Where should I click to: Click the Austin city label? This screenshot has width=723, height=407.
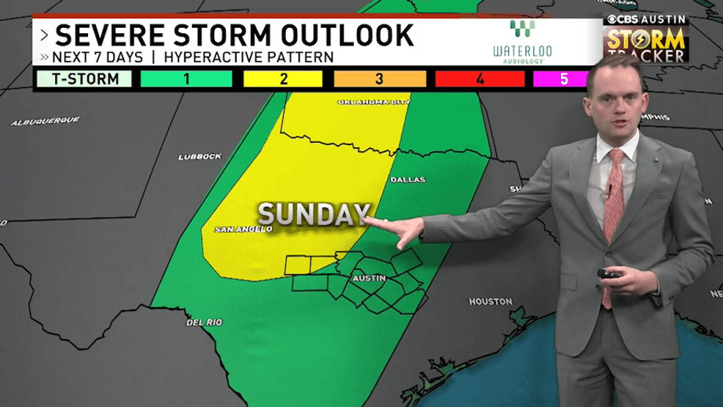click(369, 279)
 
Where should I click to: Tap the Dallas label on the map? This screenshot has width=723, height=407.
click(407, 180)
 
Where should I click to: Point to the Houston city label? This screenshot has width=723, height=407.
click(491, 301)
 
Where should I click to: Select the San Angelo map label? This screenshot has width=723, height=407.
click(243, 230)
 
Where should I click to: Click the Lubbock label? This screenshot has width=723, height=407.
click(199, 156)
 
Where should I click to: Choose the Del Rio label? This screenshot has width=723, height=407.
click(204, 322)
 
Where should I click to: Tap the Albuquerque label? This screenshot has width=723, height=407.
click(45, 121)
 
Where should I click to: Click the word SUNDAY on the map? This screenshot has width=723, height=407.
click(312, 214)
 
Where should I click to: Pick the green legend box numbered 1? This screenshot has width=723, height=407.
click(186, 79)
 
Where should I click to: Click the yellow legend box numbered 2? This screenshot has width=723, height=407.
click(283, 79)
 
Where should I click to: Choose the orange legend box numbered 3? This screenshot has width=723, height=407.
click(380, 79)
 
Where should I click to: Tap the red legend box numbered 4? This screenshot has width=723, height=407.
click(480, 79)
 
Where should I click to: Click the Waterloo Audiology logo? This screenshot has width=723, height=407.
click(522, 42)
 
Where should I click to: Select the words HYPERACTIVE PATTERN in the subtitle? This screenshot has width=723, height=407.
click(249, 56)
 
